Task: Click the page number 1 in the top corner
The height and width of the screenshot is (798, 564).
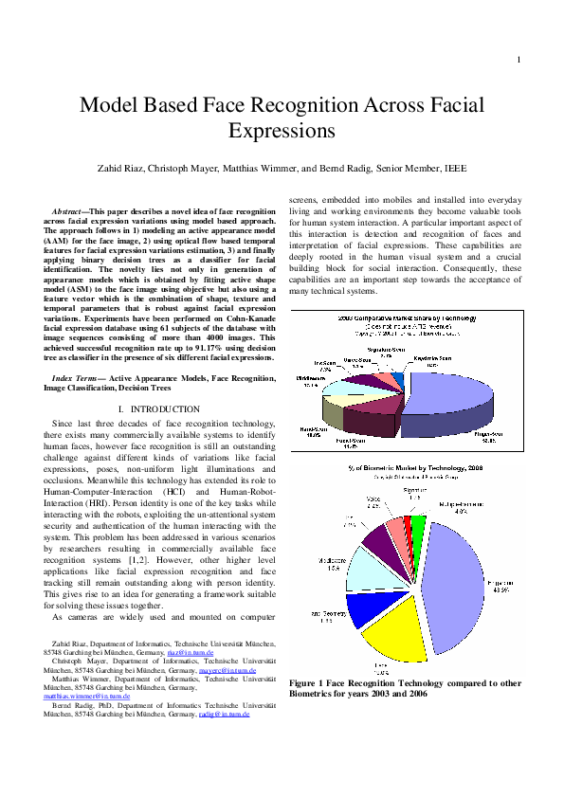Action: coord(519,61)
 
